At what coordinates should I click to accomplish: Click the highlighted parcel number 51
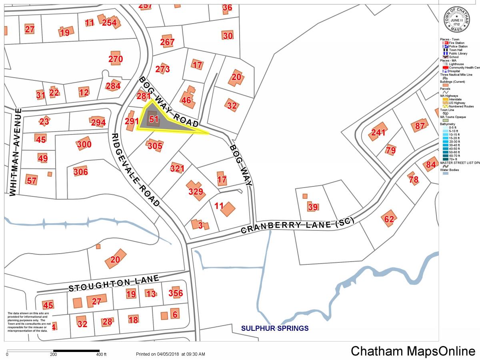click(154, 119)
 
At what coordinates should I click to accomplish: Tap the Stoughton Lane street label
click(114, 283)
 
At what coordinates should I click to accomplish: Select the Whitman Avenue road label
click(14, 152)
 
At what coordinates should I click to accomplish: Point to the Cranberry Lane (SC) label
click(292, 226)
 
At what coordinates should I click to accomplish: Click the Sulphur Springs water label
click(274, 328)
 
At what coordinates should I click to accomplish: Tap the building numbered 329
click(196, 192)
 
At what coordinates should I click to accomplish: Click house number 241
click(378, 133)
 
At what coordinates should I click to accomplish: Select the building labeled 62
click(389, 219)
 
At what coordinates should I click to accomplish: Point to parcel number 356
click(176, 293)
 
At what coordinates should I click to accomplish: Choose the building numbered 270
click(116, 59)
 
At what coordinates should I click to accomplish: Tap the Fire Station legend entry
click(456, 43)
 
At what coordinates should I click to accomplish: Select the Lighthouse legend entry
click(456, 64)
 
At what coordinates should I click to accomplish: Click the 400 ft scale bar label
click(101, 354)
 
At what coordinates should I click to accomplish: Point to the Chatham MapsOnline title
click(413, 351)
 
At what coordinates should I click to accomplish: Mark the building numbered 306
click(80, 172)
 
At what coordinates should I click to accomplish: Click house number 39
click(313, 207)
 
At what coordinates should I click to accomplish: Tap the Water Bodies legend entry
click(450, 170)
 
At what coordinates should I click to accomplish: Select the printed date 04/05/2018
click(170, 354)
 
